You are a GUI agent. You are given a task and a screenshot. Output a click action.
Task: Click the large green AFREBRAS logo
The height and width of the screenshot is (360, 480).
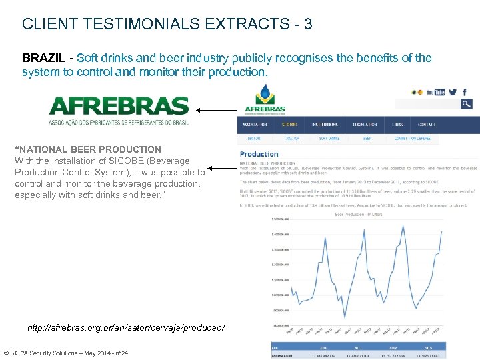pyautogui.click(x=119, y=107)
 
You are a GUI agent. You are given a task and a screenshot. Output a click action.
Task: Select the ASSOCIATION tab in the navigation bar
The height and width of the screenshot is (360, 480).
pyautogui.click(x=255, y=125)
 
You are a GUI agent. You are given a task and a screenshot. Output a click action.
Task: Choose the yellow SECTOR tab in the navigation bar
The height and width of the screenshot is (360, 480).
pyautogui.click(x=289, y=125)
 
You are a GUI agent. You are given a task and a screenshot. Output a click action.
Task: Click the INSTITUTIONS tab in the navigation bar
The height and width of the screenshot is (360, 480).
pyautogui.click(x=325, y=125)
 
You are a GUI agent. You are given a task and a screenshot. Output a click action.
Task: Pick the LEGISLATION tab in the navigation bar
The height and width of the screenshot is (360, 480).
pyautogui.click(x=365, y=125)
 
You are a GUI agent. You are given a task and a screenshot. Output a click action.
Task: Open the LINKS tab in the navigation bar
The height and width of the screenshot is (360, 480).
pyautogui.click(x=398, y=125)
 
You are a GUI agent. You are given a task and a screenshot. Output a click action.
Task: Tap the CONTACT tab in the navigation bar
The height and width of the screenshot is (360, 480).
pyautogui.click(x=427, y=125)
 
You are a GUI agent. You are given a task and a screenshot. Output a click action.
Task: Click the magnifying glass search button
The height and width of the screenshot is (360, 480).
pyautogui.click(x=467, y=103)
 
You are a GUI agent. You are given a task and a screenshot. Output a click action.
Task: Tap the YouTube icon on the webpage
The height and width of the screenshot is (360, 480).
pyautogui.click(x=435, y=92)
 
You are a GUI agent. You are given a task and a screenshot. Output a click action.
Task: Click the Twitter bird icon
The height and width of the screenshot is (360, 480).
pyautogui.click(x=453, y=92)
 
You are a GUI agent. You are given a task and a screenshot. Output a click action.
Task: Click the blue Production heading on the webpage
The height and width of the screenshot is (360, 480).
pyautogui.click(x=259, y=154)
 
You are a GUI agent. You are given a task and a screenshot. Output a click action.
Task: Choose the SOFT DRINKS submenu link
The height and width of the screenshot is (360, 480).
pyautogui.click(x=329, y=139)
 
